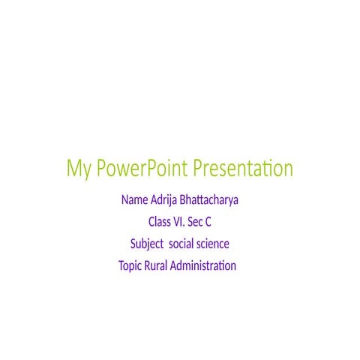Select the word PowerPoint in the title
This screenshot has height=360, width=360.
(140, 169)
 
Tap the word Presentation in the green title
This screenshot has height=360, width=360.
(243, 169)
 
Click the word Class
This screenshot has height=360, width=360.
(160, 223)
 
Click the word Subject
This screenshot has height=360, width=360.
(146, 244)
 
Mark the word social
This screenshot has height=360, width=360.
(182, 244)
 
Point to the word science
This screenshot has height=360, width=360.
(214, 244)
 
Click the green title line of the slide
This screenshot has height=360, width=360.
(180, 169)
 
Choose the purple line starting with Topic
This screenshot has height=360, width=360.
(177, 266)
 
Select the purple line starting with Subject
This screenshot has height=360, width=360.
(179, 244)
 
